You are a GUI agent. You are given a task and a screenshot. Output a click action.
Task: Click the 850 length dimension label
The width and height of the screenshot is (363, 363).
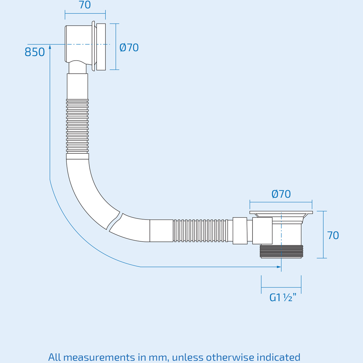[35, 52]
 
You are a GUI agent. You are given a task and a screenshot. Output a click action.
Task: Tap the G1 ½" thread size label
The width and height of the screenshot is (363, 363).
[283, 298]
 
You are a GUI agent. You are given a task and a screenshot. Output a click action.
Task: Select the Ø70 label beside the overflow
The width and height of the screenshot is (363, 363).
[129, 48]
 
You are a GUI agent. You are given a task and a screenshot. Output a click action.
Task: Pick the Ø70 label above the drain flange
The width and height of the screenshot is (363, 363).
[281, 194]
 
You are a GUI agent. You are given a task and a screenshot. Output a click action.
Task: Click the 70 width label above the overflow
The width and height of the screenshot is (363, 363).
[85, 5]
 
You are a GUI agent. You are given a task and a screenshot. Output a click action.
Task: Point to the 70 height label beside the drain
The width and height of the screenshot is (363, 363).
[333, 236]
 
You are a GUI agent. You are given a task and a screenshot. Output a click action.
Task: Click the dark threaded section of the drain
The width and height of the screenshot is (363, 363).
[281, 251]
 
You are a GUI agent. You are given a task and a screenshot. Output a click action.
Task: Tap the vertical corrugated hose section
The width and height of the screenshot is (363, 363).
[77, 126]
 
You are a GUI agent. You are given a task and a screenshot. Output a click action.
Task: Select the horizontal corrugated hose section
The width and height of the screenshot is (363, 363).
[200, 231]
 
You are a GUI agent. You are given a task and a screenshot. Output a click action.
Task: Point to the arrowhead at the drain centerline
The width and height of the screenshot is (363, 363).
[279, 267]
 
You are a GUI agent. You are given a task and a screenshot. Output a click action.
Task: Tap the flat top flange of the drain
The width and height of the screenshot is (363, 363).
[281, 212]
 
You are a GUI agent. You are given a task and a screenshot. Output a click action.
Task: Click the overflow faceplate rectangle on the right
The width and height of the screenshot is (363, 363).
[101, 47]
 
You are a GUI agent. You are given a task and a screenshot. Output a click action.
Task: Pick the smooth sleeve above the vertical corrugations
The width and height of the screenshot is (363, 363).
[77, 86]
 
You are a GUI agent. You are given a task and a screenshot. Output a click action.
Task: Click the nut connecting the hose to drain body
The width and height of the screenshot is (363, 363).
[240, 231]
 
